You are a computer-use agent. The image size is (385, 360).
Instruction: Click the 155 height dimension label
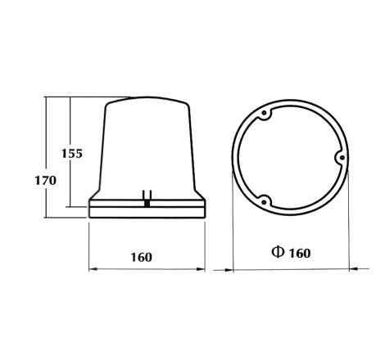tap(72, 154)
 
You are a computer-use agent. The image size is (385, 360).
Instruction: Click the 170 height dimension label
tap(46, 181)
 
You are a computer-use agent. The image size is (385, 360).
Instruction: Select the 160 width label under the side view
tap(141, 257)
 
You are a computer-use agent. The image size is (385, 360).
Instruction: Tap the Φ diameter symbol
tap(278, 252)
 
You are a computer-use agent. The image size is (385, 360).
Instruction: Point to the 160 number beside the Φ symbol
tap(300, 254)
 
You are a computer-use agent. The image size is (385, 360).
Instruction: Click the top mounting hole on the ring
tap(264, 113)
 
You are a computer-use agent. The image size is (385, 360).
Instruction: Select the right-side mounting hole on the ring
tap(342, 157)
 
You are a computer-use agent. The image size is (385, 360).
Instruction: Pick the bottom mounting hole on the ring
tap(264, 202)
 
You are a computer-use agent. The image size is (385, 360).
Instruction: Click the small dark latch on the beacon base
tap(147, 203)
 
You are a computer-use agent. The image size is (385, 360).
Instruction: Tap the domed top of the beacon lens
tap(147, 100)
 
